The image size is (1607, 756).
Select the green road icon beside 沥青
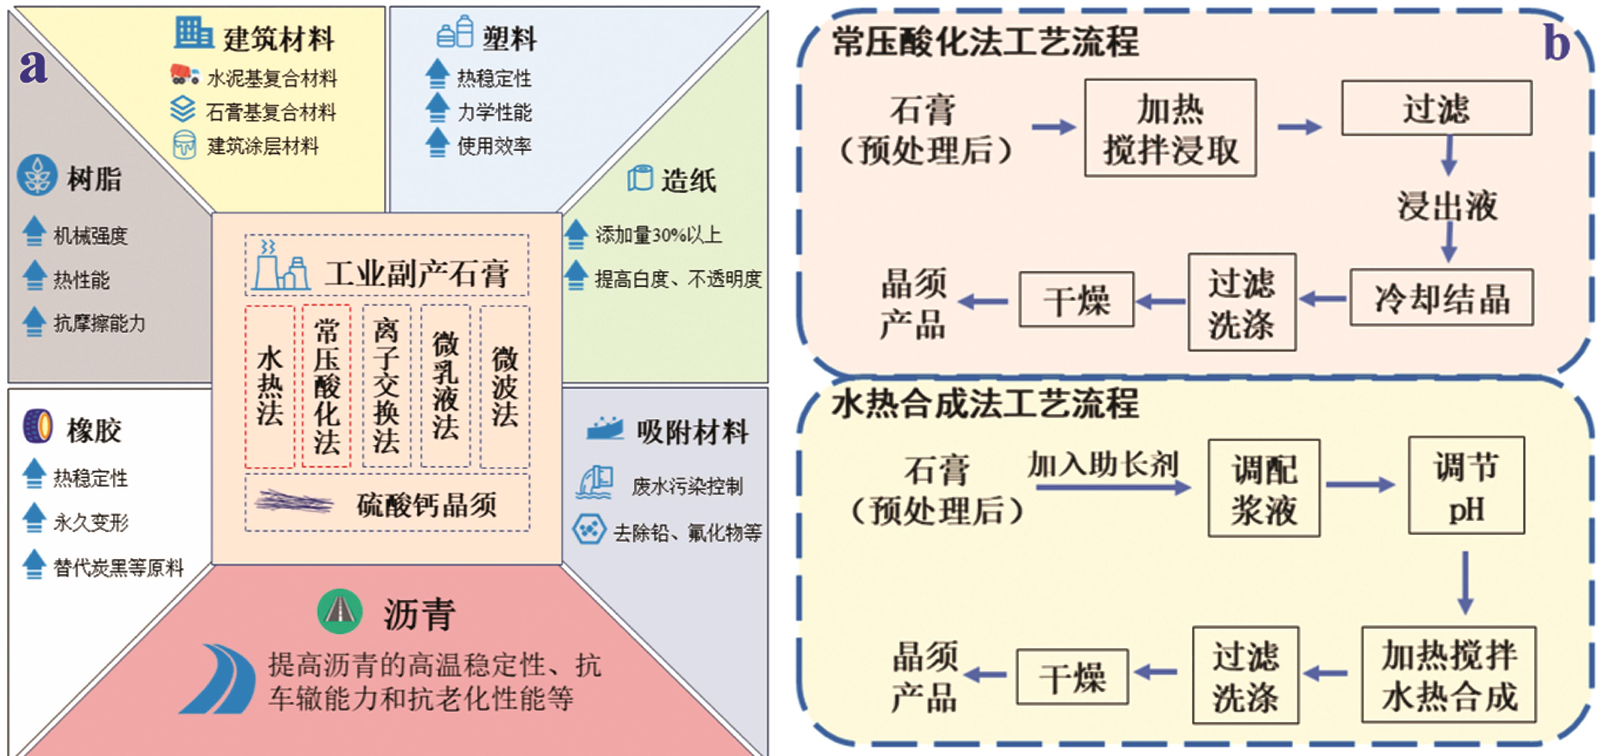(x=339, y=611)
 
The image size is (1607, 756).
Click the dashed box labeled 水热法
(x=269, y=387)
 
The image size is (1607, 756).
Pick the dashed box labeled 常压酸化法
(x=326, y=387)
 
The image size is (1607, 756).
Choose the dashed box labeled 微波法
(x=505, y=387)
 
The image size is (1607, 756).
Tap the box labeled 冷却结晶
(x=1441, y=298)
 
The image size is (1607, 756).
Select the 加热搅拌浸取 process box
(x=1170, y=128)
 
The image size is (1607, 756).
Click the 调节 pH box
(x=1466, y=485)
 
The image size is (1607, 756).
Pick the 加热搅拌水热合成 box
(x=1449, y=675)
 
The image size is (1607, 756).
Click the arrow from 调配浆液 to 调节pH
(x=1360, y=485)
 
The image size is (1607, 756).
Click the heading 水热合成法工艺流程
(x=985, y=404)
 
